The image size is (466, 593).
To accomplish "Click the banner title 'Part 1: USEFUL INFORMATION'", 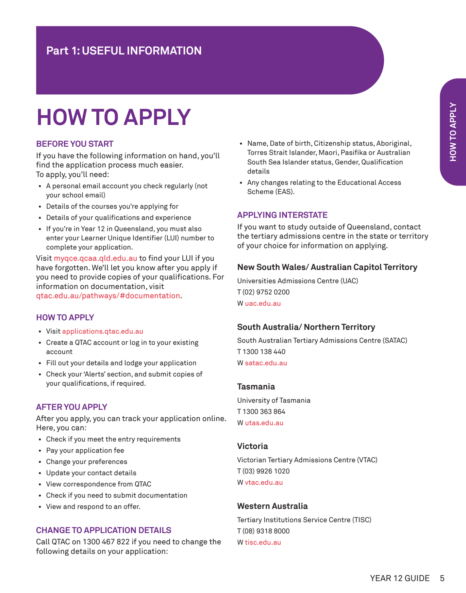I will click(x=124, y=51).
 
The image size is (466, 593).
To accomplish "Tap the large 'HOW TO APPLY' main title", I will click(x=114, y=117).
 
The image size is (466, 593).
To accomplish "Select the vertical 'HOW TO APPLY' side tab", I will click(x=453, y=132).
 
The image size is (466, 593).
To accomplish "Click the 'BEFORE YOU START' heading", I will click(x=75, y=144).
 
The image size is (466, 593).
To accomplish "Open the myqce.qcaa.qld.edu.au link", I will click(x=96, y=258).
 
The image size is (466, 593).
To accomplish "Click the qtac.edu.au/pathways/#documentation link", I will click(x=108, y=296).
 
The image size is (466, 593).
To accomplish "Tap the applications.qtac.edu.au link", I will click(x=102, y=332).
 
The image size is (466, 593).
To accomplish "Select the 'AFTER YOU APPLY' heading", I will click(x=71, y=407).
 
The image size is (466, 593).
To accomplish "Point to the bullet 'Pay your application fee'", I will click(x=85, y=451).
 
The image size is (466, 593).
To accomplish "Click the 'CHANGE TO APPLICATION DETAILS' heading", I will click(x=103, y=530).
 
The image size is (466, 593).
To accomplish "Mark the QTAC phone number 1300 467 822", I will click(x=106, y=542).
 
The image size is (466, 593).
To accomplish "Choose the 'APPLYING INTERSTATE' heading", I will click(x=282, y=215).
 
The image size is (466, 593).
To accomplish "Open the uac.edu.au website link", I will click(x=263, y=304).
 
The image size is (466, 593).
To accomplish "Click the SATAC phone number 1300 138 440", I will click(x=264, y=352).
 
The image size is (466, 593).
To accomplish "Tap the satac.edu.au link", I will click(x=266, y=363).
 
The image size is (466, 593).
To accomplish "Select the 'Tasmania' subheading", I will click(x=256, y=387).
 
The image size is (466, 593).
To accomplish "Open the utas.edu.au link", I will click(x=264, y=423).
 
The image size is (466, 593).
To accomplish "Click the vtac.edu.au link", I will click(x=264, y=483).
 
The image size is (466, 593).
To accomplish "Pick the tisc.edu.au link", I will click(x=263, y=543).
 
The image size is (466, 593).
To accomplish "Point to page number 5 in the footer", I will click(x=442, y=578).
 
